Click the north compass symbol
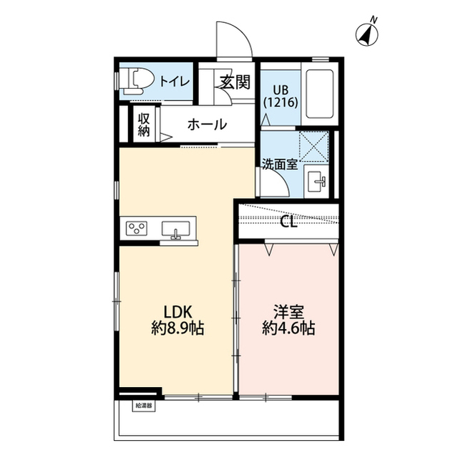tap(367, 34)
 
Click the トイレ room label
tap(175, 82)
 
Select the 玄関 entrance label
tap(235, 82)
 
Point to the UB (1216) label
tap(281, 96)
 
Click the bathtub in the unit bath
tap(319, 94)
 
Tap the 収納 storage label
tap(144, 125)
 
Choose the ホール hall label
tap(207, 125)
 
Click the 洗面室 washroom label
tap(280, 165)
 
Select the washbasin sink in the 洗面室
tap(316, 181)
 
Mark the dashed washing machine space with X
tap(313, 146)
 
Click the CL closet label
tap(288, 222)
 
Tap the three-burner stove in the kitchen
tap(137, 228)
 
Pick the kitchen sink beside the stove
tap(176, 229)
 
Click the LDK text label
tap(177, 312)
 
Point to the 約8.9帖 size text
tap(177, 328)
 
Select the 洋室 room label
tap(288, 312)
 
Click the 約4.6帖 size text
tap(288, 328)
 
